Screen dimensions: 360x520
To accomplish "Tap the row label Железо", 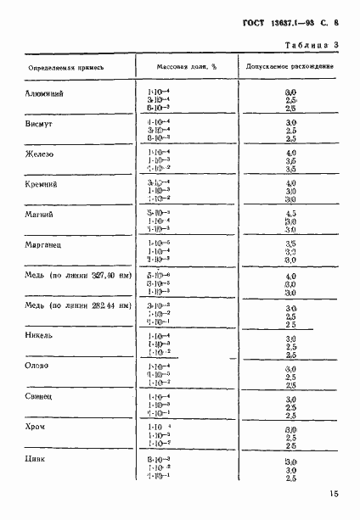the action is click(x=42, y=153).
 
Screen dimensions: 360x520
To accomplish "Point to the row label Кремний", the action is click(x=43, y=183).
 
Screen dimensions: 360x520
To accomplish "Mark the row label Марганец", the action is click(x=45, y=244).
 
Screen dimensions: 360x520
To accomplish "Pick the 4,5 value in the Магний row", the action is click(x=290, y=214).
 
